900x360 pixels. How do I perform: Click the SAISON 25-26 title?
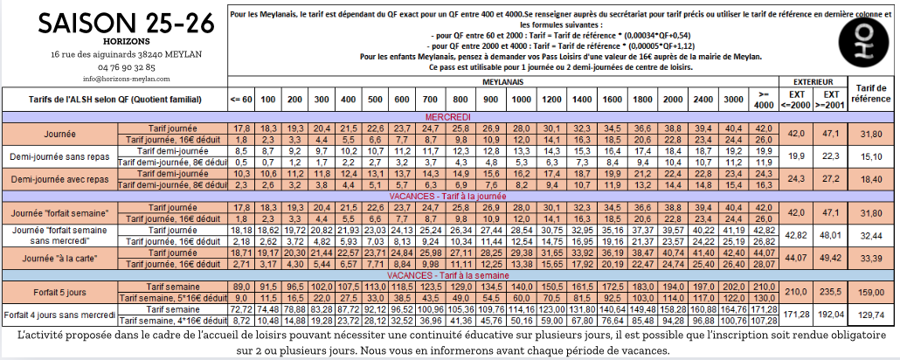tap(114, 23)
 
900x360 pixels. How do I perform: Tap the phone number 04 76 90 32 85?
tap(114, 66)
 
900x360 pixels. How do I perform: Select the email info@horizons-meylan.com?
tap(114, 78)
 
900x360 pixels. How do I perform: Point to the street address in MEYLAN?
tap(114, 54)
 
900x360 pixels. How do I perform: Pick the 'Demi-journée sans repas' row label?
tap(60, 157)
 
